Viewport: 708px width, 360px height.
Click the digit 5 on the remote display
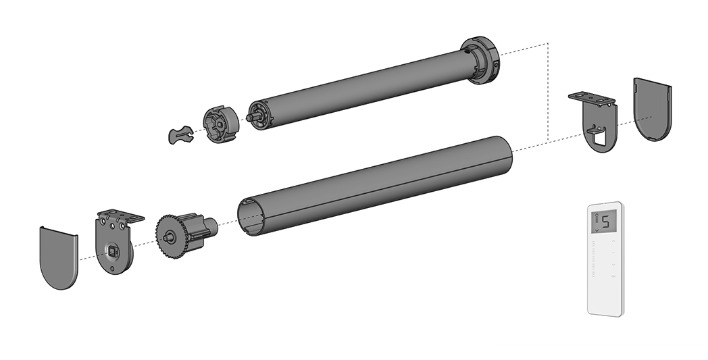tap(605, 222)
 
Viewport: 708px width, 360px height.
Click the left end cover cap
tap(59, 257)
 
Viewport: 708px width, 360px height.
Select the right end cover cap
tap(653, 109)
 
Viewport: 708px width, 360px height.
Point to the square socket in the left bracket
tap(112, 249)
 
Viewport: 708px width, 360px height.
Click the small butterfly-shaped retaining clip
tap(180, 134)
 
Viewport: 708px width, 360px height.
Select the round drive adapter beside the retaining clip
tap(220, 124)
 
